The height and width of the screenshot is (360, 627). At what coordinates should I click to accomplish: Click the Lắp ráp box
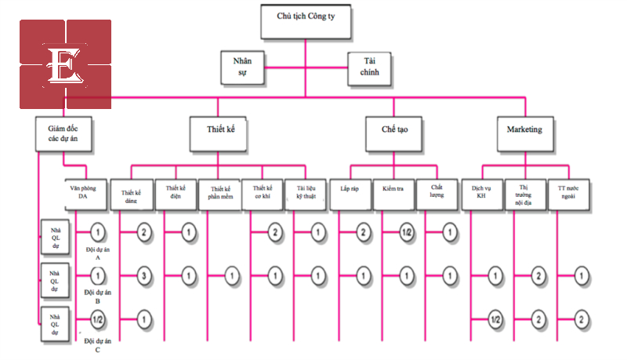[350, 194]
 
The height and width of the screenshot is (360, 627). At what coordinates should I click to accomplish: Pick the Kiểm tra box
[393, 194]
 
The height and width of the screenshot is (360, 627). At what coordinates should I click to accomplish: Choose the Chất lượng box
[437, 194]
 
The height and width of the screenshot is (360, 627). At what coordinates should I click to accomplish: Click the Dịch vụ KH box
[480, 194]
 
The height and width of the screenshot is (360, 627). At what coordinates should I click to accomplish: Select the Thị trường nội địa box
[524, 194]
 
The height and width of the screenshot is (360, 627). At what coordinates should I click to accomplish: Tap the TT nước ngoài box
[568, 194]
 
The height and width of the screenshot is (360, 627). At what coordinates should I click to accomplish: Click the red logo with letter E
[66, 64]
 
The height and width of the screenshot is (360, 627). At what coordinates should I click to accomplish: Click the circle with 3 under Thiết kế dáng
[144, 275]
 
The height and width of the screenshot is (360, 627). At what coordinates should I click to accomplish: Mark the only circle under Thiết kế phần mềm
[231, 275]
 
